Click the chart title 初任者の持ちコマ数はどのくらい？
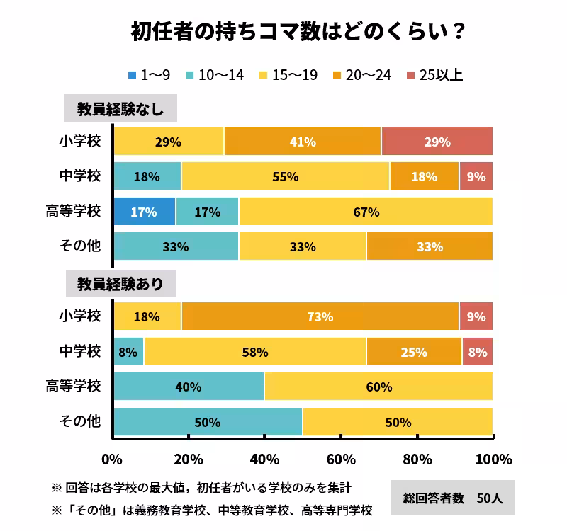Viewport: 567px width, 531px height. (283, 32)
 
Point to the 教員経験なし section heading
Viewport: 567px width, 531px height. (120, 110)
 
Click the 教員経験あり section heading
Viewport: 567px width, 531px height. (120, 285)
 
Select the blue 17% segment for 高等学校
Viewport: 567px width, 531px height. (144, 212)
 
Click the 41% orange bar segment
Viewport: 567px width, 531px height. (303, 142)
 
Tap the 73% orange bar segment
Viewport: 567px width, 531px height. (320, 316)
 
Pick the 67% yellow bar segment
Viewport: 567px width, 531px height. (366, 212)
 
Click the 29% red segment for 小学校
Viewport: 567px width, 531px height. (437, 142)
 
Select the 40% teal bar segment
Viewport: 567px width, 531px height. (189, 387)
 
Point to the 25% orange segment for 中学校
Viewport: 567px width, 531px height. (414, 352)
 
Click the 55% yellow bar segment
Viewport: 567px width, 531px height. (285, 177)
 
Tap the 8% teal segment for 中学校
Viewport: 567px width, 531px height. (128, 352)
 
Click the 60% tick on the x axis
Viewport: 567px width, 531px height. (341, 459)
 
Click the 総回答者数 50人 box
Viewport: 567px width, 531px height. (452, 498)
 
